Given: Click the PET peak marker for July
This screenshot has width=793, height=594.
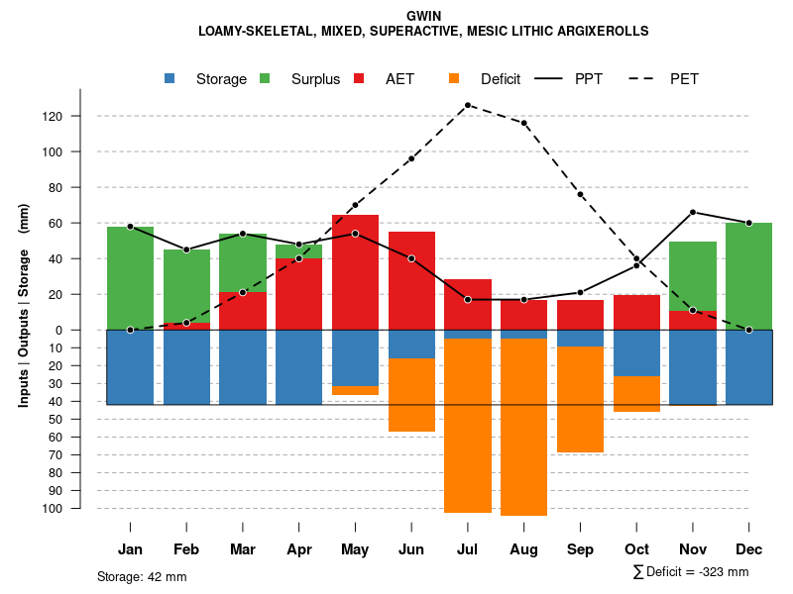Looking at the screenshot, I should click(468, 105).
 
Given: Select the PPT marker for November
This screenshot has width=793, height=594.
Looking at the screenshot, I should click(693, 212).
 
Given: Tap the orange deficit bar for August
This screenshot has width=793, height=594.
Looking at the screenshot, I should click(523, 427).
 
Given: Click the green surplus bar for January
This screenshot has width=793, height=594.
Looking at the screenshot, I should click(130, 278).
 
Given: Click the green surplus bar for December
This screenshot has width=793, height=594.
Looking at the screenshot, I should click(748, 276).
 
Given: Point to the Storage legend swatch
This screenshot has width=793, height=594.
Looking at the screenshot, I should click(170, 79).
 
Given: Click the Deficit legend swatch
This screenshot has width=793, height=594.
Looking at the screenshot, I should click(455, 79).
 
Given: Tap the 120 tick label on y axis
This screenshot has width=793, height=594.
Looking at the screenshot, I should click(52, 117).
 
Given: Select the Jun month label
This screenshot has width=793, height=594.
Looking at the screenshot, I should click(411, 549).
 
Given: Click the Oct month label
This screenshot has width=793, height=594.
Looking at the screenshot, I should click(636, 549).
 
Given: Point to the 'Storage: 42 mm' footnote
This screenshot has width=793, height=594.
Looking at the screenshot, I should click(142, 576).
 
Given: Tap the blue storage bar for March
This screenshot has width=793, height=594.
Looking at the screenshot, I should click(243, 367).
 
